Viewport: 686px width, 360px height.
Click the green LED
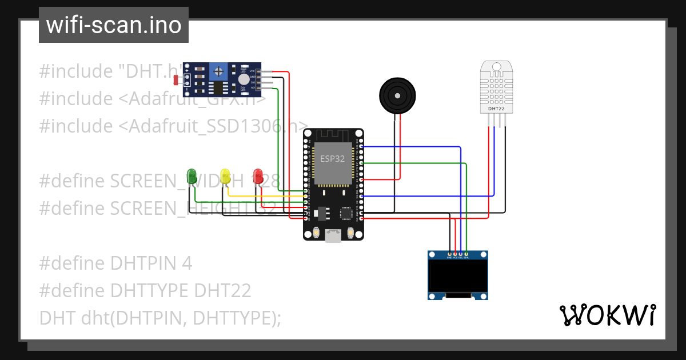(192, 175)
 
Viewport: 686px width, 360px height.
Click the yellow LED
(225, 175)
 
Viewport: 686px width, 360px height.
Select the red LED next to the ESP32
(258, 175)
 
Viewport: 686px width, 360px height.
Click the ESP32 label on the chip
(332, 159)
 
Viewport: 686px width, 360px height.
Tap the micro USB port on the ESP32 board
(333, 235)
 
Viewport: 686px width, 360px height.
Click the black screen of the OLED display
(458, 276)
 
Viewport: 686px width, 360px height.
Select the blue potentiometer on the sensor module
(218, 72)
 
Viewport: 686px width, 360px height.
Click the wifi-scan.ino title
(114, 25)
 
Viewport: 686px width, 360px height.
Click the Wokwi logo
(607, 315)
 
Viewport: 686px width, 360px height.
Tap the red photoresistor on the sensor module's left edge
(177, 79)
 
